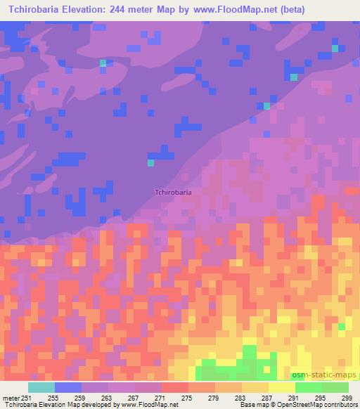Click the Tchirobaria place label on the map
point(173,190)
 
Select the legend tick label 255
point(53,397)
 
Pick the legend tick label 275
point(188,397)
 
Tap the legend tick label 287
point(268,397)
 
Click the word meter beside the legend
point(11,397)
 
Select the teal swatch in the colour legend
point(41,387)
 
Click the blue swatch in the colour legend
point(68,387)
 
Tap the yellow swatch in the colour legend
point(282,387)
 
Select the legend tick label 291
point(295,397)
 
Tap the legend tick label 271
point(161,397)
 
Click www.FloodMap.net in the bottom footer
point(148,405)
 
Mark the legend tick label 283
point(241,397)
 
